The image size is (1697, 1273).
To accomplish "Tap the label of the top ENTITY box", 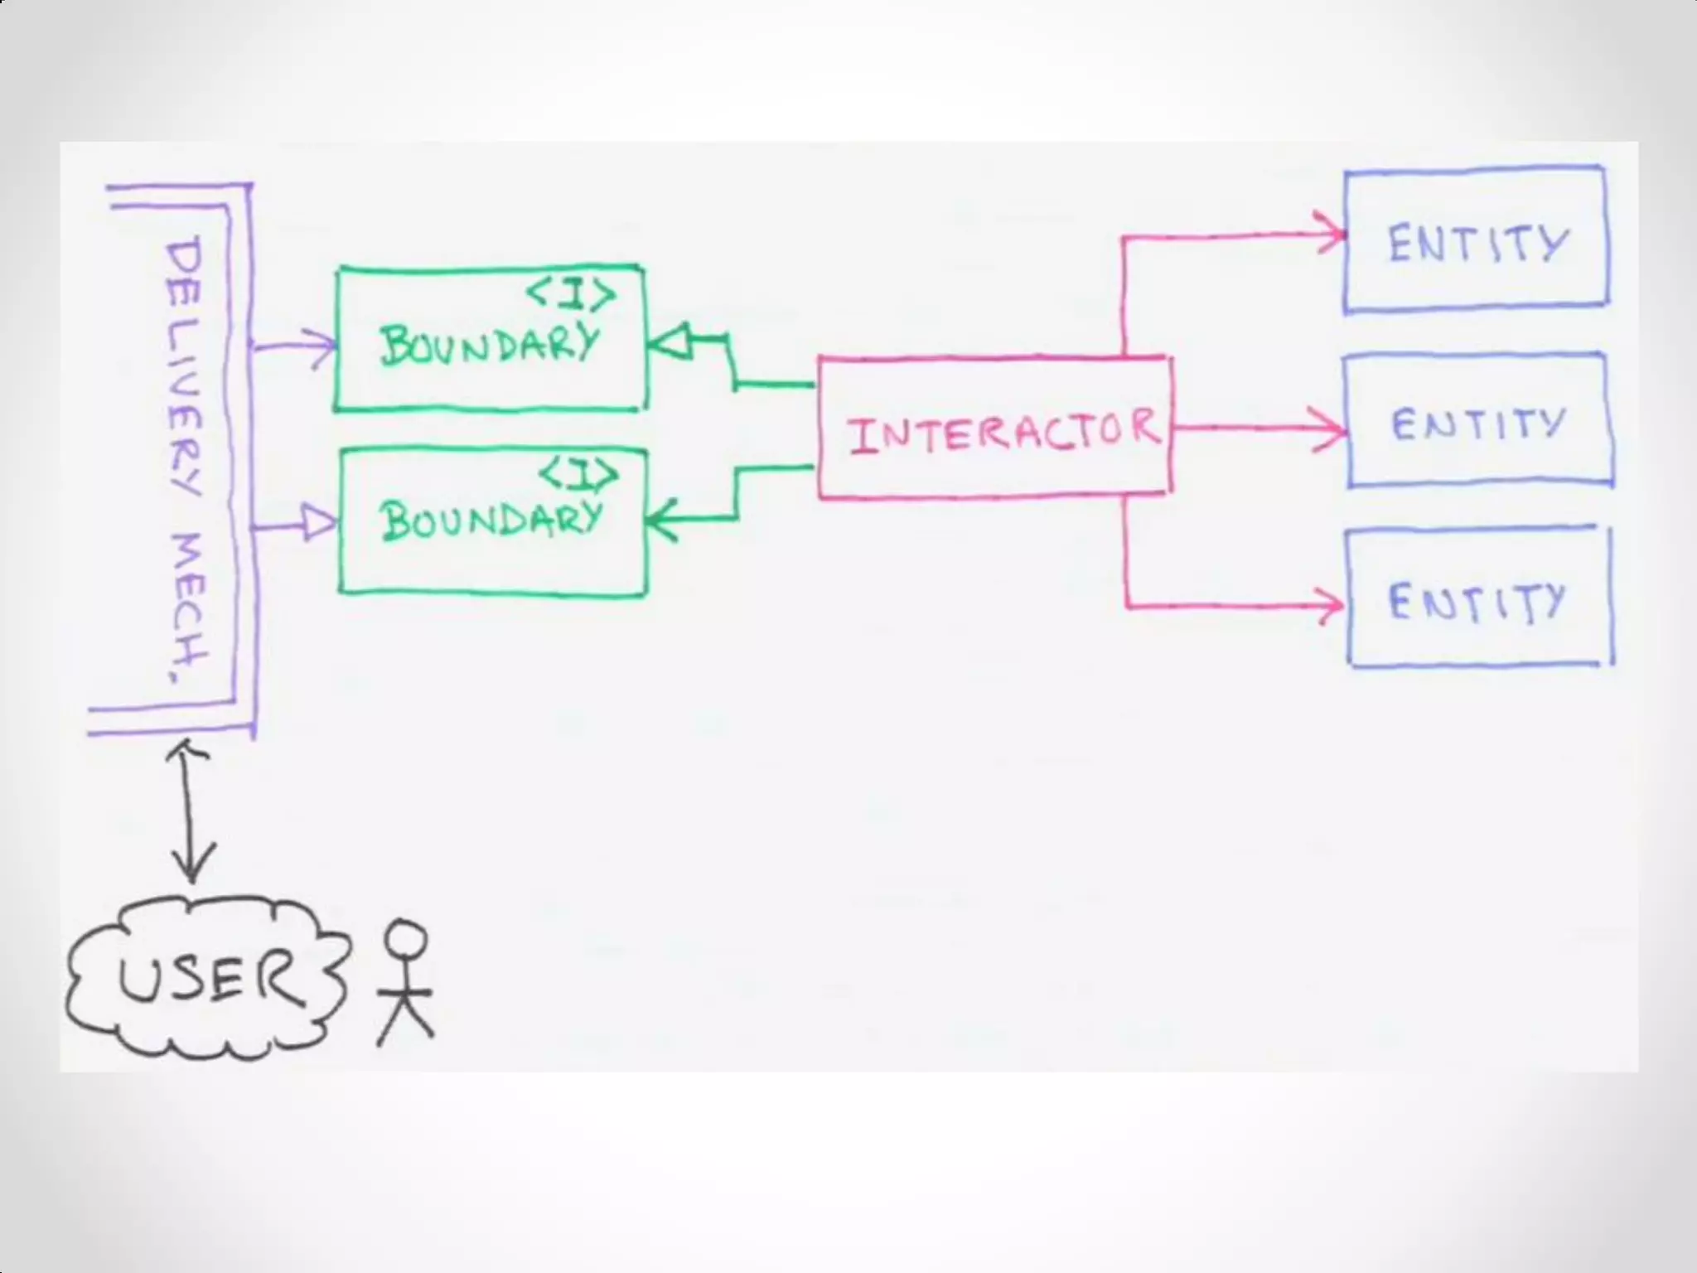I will tap(1478, 244).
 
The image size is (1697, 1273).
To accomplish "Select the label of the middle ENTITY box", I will tap(1478, 424).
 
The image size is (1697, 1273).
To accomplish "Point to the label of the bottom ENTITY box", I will tap(1477, 602).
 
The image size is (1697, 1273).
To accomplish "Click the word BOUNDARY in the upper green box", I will tap(489, 343).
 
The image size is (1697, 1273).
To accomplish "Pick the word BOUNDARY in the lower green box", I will tap(491, 520).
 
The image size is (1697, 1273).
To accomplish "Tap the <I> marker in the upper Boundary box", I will tap(572, 293).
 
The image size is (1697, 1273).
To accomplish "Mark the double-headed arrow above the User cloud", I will tap(192, 812).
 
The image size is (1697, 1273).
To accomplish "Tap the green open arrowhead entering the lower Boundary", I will tap(661, 520).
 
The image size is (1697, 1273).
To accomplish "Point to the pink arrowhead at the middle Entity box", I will tap(1331, 429).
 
